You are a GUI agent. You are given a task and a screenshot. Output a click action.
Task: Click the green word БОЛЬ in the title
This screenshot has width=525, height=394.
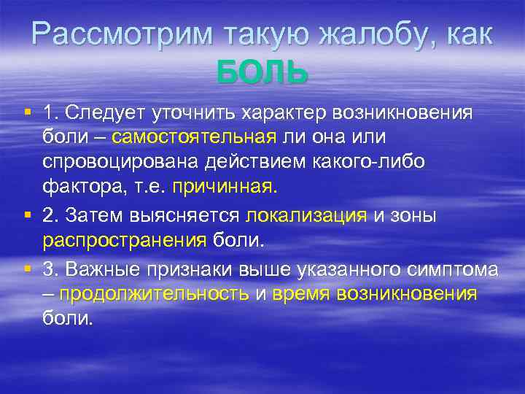262,72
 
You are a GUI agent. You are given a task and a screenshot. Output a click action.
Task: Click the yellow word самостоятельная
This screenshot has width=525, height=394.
195,137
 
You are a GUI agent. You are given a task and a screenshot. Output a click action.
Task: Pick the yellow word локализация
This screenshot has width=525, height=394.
307,215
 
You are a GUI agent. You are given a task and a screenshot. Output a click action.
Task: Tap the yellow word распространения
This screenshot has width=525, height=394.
125,240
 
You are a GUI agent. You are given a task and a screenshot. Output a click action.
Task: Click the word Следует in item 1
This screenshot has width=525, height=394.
106,113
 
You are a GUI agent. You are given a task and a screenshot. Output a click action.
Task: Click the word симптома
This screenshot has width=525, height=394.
453,269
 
